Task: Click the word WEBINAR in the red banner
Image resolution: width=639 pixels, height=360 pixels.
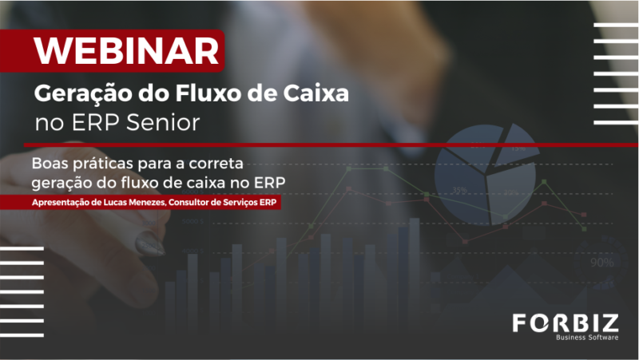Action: (x=127, y=51)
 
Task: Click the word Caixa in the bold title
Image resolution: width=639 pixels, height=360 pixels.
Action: (x=316, y=93)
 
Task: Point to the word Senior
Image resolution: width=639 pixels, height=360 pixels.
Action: (x=163, y=122)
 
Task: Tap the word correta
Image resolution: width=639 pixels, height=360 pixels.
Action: (x=216, y=164)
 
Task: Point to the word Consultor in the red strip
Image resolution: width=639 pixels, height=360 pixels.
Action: (x=189, y=203)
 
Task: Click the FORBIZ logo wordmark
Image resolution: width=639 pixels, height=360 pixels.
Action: (x=566, y=323)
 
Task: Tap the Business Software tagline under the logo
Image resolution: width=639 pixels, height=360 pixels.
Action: (x=587, y=337)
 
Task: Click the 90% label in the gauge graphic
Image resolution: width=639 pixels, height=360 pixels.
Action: (x=602, y=263)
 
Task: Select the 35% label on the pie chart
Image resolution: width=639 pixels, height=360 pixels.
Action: (x=460, y=190)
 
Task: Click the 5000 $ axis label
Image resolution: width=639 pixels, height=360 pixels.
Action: (x=192, y=222)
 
